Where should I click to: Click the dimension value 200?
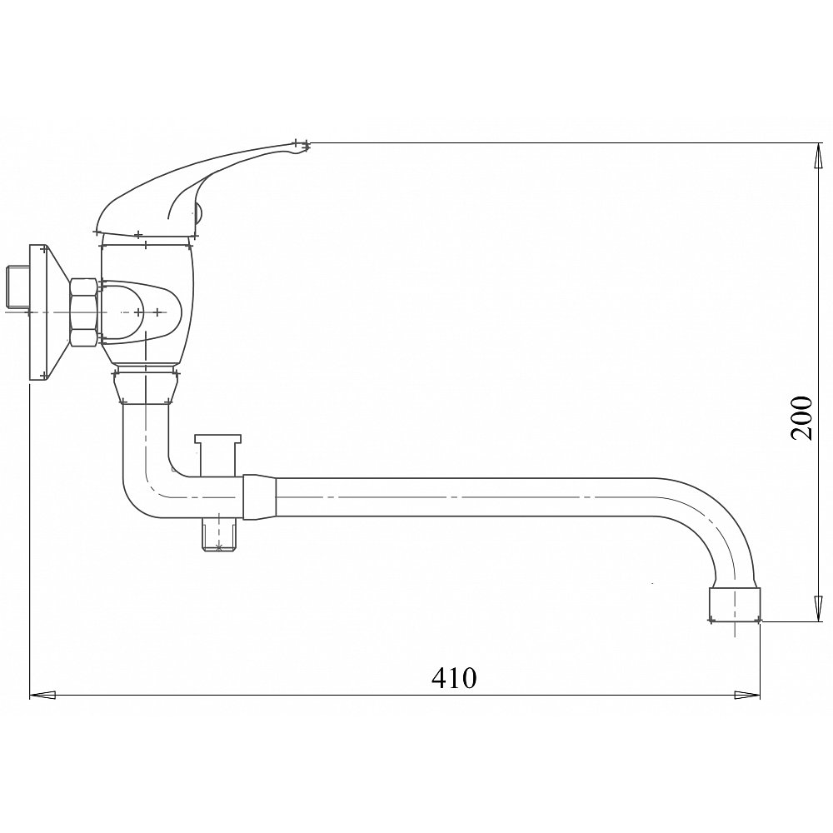pos(801,417)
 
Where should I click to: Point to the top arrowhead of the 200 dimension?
pos(818,157)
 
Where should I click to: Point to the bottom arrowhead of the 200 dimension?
pos(818,608)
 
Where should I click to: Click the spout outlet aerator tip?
pos(736,604)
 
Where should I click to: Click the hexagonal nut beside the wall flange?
pos(83,313)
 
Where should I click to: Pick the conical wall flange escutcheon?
pos(49,312)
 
